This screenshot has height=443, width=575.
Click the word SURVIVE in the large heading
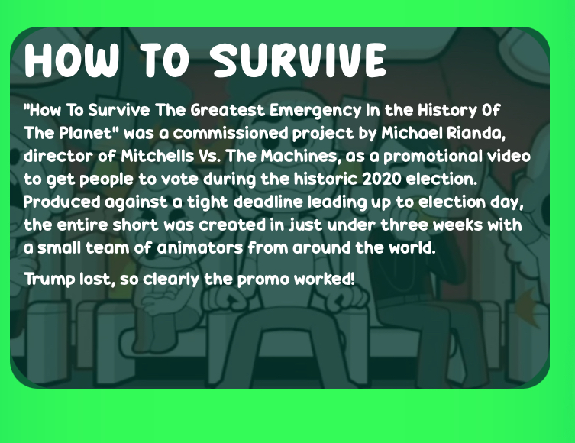click(x=299, y=60)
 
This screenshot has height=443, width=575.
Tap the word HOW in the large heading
click(x=72, y=60)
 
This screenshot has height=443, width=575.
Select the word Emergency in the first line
click(x=315, y=111)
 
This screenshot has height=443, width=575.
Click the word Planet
click(x=87, y=133)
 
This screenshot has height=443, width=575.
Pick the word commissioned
click(x=231, y=133)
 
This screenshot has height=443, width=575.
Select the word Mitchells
click(x=157, y=156)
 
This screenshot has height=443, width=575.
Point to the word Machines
click(x=299, y=157)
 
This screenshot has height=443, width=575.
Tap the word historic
click(x=325, y=179)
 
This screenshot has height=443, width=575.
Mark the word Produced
click(x=62, y=202)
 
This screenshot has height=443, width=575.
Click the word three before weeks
click(x=404, y=225)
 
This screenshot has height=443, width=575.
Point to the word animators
click(x=200, y=247)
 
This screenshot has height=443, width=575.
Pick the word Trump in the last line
click(x=50, y=280)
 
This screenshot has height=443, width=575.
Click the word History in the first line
click(x=447, y=111)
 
